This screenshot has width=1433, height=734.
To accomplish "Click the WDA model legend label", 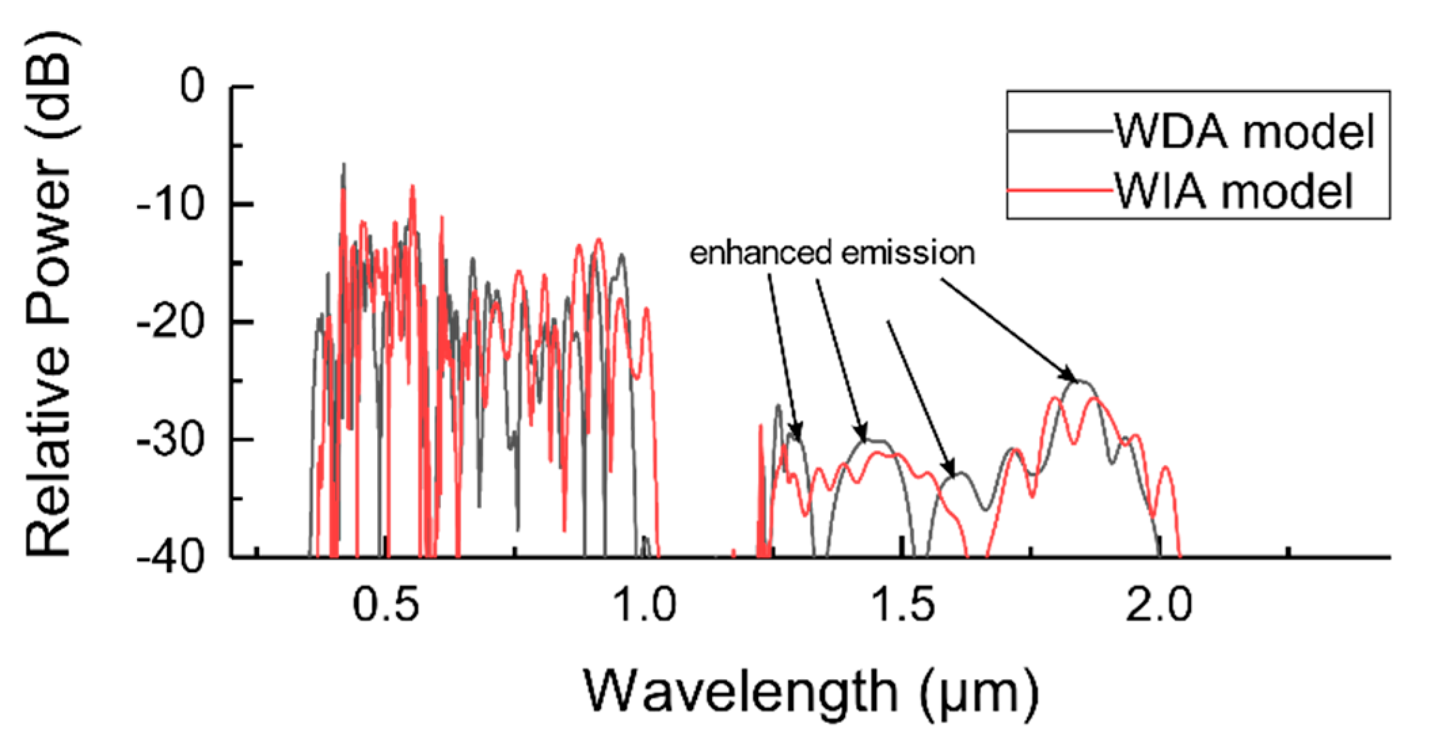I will pyautogui.click(x=1245, y=131).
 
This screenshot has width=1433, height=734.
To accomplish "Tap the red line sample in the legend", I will pyautogui.click(x=1059, y=192).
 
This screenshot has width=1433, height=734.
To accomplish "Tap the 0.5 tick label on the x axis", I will pyautogui.click(x=387, y=605).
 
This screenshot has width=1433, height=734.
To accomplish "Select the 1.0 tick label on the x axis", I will pyautogui.click(x=644, y=605).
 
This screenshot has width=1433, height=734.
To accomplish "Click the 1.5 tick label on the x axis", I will pyautogui.click(x=902, y=605).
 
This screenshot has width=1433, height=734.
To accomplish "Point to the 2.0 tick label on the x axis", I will pyautogui.click(x=1158, y=605).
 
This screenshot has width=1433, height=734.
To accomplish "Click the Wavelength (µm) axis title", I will pyautogui.click(x=810, y=691).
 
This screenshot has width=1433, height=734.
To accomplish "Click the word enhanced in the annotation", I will pyautogui.click(x=760, y=253).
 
